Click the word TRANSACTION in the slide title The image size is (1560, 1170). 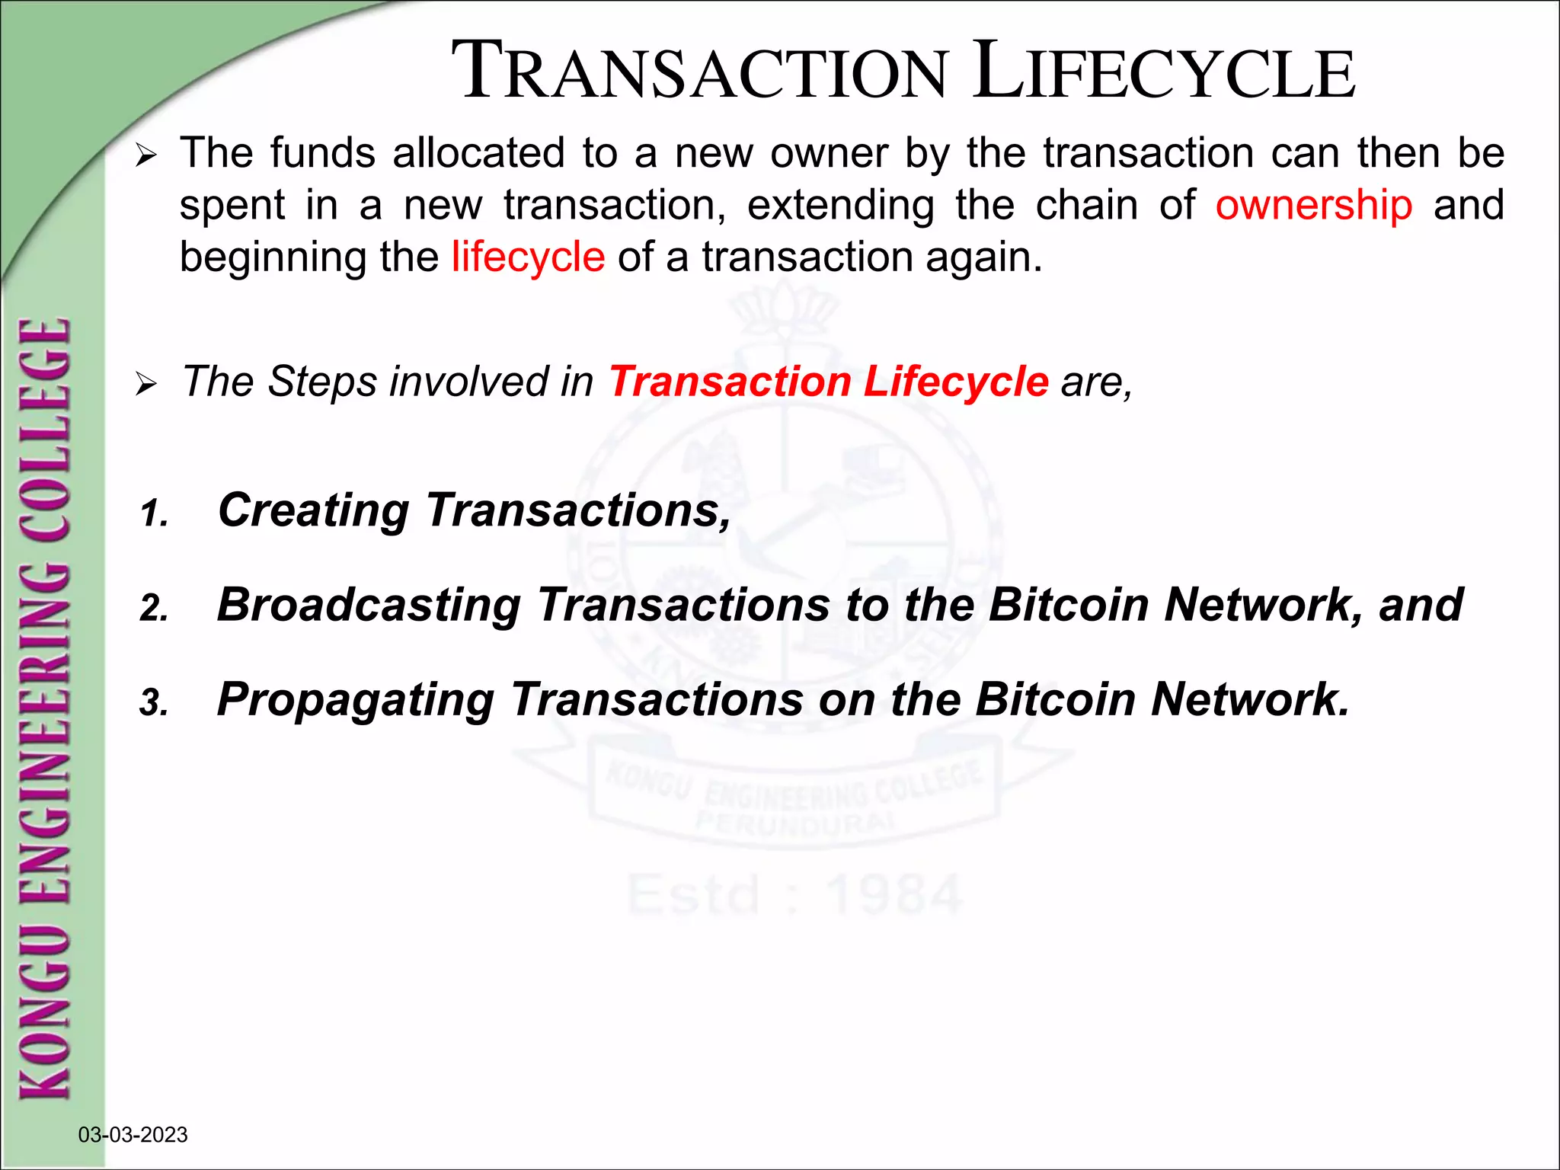click(699, 72)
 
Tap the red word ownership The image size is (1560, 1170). click(1313, 206)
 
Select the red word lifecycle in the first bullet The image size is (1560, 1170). click(528, 257)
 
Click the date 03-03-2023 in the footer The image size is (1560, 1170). click(133, 1135)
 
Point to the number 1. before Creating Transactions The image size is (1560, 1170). click(154, 514)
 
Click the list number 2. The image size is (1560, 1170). click(154, 609)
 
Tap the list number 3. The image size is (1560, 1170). click(154, 703)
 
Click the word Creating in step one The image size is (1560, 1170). click(313, 510)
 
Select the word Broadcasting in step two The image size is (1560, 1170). click(369, 605)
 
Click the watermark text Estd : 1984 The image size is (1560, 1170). click(794, 894)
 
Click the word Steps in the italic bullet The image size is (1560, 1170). click(322, 382)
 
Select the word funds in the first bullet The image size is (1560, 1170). click(323, 153)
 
